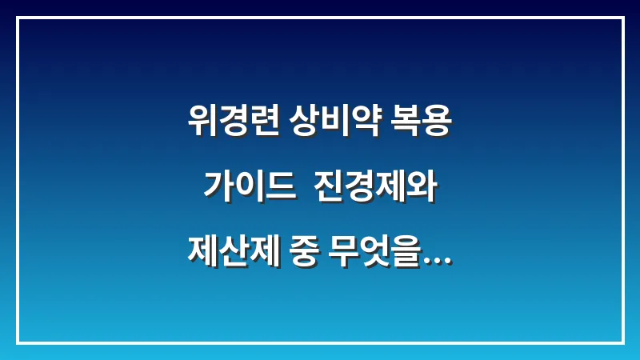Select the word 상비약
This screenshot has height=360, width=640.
click(330, 124)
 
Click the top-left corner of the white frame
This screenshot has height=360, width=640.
click(18, 18)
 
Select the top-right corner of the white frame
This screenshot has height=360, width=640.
click(622, 18)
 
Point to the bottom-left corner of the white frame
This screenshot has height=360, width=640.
click(18, 342)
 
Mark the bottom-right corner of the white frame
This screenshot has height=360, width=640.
click(622, 342)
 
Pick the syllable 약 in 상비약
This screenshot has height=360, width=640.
click(361, 124)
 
